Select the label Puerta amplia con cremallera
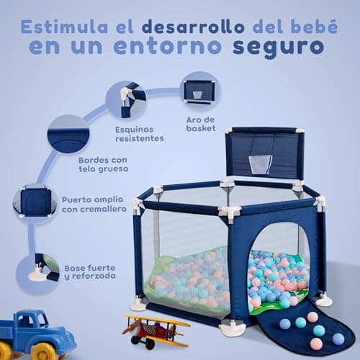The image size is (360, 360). (x=94, y=204)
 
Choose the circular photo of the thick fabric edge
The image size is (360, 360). (x=66, y=138)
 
